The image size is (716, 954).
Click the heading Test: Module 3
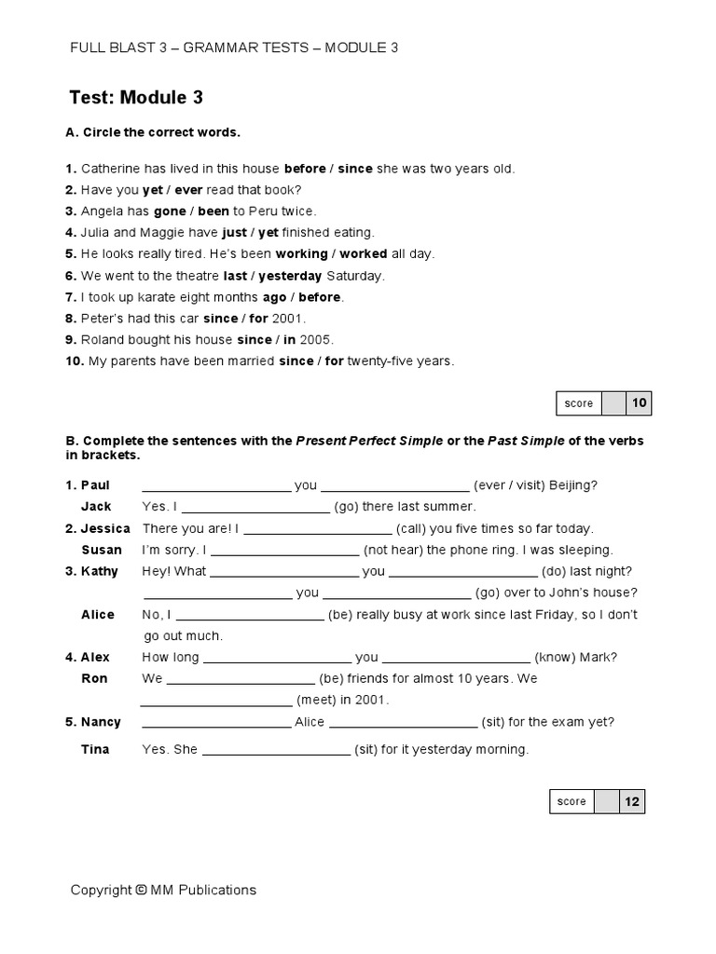pos(136,98)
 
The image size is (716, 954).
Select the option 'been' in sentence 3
pos(213,211)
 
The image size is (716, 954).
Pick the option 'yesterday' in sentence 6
pos(290,276)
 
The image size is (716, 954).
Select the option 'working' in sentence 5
pos(301,254)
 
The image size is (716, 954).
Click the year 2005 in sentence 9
pos(316,340)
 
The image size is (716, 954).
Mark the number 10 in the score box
pos(639,403)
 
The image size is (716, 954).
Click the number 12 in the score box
pos(631,801)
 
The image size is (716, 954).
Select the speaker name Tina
pos(95,749)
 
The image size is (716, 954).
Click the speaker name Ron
pos(94,678)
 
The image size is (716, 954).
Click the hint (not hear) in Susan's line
pos(392,550)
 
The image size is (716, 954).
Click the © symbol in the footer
pos(141,890)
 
